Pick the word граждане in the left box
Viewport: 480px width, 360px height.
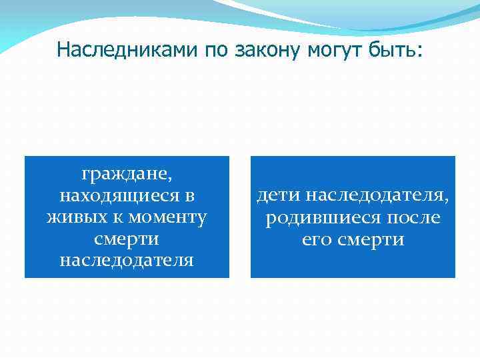click(x=127, y=175)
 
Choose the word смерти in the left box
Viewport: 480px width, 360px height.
click(x=127, y=239)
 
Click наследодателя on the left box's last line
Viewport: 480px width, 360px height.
click(x=127, y=260)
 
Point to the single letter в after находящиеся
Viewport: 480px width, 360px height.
click(x=190, y=197)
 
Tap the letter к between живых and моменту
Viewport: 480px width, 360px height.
click(x=113, y=218)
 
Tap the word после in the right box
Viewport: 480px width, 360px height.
click(x=411, y=217)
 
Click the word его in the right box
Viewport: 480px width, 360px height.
click(x=317, y=239)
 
